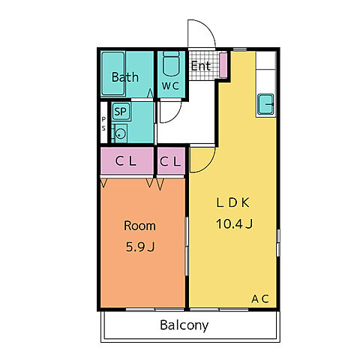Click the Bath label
tap(125, 77)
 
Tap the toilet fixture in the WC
tap(171, 64)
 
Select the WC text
tap(170, 85)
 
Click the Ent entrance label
tap(201, 66)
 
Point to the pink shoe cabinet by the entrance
tap(223, 65)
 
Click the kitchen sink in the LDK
tap(265, 104)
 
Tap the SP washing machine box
tap(121, 111)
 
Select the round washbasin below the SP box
tap(121, 133)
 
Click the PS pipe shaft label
tap(103, 124)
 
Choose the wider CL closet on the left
tap(127, 160)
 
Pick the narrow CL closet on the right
tap(171, 160)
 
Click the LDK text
tap(232, 202)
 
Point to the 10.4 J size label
tap(234, 223)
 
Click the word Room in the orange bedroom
tap(139, 226)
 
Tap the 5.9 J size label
tap(140, 247)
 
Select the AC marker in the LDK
tap(260, 298)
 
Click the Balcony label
tap(184, 325)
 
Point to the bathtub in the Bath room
tap(113, 73)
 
